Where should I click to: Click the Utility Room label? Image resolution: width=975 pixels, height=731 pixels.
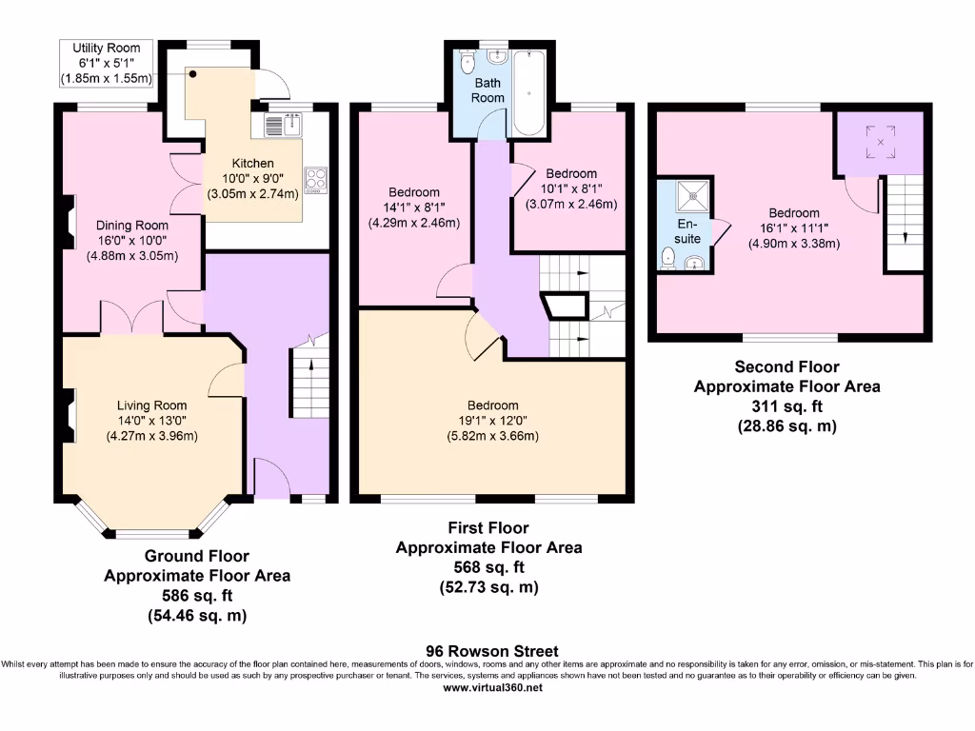click(107, 48)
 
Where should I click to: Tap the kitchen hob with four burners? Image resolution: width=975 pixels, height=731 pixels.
click(315, 180)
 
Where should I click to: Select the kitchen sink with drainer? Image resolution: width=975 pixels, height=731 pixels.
click(283, 125)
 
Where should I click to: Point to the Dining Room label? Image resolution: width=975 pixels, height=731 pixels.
click(131, 225)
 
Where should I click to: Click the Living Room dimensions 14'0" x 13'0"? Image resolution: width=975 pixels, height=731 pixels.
click(151, 421)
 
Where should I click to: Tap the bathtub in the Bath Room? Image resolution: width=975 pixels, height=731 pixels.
click(528, 92)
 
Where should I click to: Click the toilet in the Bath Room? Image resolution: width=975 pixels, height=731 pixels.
click(468, 63)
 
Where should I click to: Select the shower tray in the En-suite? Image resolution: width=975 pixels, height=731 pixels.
click(693, 196)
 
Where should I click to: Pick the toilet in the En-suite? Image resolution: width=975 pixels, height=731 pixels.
click(668, 257)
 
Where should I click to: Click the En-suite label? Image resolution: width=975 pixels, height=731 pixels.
click(687, 231)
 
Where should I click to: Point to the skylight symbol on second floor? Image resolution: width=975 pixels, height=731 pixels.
click(881, 142)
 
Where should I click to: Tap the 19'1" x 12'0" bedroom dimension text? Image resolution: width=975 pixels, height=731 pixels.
click(492, 421)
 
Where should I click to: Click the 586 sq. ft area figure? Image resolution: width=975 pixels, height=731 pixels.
click(197, 596)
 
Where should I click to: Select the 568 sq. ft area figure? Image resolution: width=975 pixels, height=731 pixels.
click(488, 567)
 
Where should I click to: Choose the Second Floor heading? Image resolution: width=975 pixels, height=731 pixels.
click(786, 366)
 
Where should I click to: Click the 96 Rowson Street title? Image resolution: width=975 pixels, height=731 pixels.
click(492, 651)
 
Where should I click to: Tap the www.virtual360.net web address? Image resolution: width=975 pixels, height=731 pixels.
click(492, 687)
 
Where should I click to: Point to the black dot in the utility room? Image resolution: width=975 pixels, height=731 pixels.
click(192, 74)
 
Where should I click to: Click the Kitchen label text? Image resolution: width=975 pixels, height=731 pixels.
click(252, 164)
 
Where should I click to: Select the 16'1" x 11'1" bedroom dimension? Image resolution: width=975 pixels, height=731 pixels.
click(793, 228)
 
